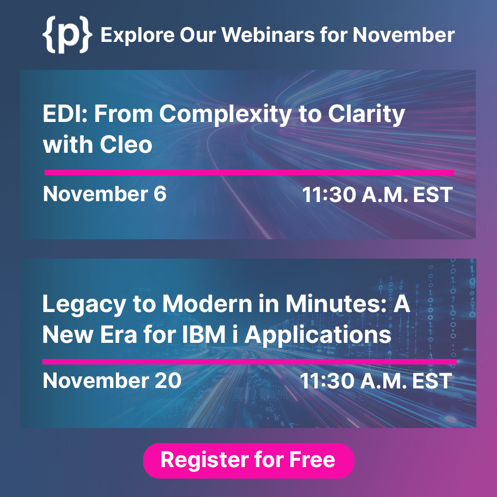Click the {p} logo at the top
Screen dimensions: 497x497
coord(67,35)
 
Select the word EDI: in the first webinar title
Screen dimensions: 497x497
coord(64,114)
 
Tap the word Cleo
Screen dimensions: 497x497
coord(125,145)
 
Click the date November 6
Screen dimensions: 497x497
coord(104,194)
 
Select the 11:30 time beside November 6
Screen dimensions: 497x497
coord(329,195)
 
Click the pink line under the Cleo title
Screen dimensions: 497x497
coord(249,173)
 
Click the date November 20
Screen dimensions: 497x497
coord(112,381)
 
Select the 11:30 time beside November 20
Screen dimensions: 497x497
coord(327,381)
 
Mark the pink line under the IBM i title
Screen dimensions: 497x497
coord(249,361)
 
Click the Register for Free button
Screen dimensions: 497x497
coord(248,460)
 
